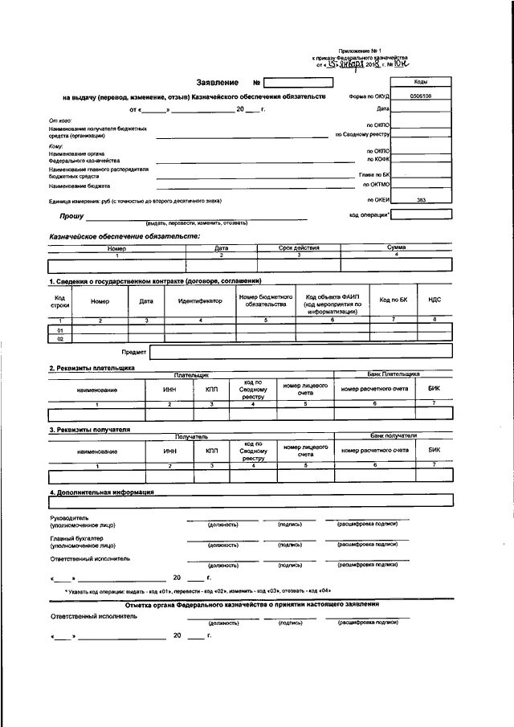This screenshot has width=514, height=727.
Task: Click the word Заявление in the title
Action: coord(218,83)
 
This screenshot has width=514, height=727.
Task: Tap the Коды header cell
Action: coord(420,82)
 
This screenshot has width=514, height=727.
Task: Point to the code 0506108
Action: coord(420,96)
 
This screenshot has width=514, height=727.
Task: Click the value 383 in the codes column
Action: coord(421,199)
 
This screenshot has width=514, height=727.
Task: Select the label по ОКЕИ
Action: coord(378,199)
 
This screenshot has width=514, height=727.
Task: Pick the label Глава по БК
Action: coord(374,174)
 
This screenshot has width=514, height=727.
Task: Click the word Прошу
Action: coord(71,216)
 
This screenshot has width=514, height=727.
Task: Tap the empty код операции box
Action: coord(421,214)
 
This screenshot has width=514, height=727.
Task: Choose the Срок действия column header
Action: coord(299,248)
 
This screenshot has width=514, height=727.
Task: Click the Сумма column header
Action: coord(396,248)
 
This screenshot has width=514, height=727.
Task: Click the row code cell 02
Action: coord(59,338)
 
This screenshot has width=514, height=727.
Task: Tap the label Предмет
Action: coord(133,352)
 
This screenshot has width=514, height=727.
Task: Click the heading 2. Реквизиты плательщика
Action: coord(92,368)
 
